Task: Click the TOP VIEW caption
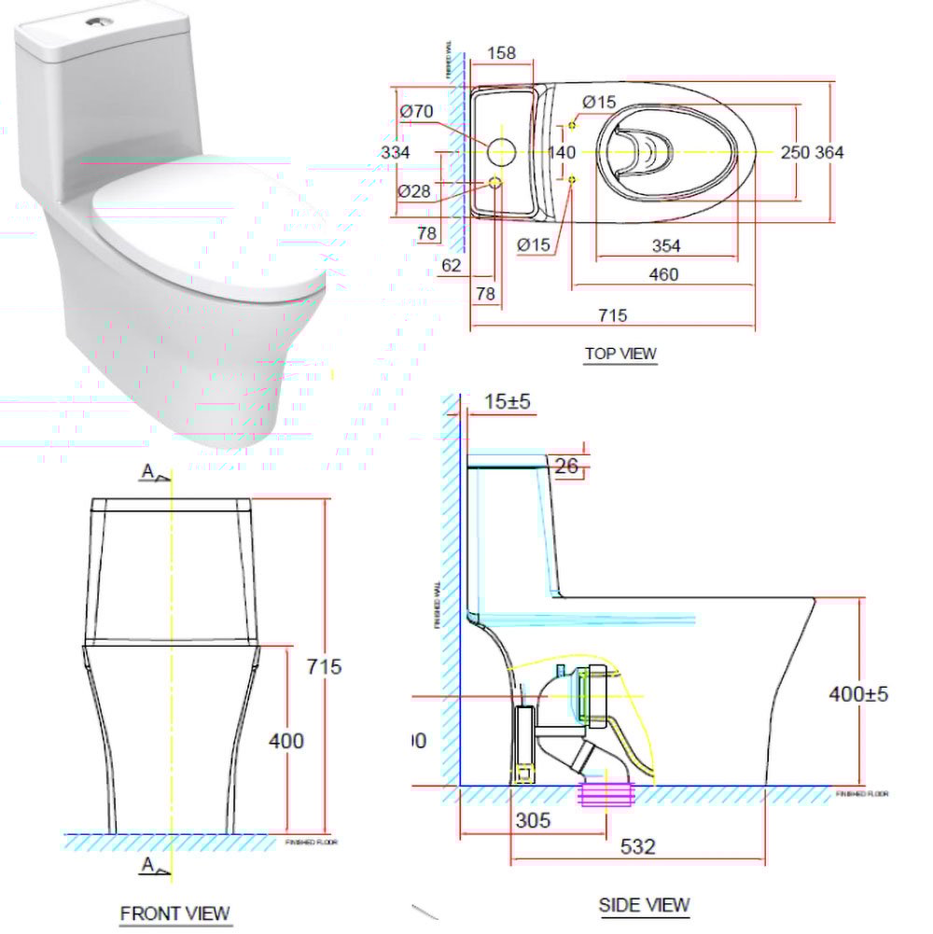pyautogui.click(x=620, y=354)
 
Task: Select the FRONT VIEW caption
pyautogui.click(x=174, y=913)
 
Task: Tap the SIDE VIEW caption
pyautogui.click(x=644, y=904)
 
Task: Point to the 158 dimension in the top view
pyautogui.click(x=501, y=53)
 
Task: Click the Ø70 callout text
pyautogui.click(x=416, y=111)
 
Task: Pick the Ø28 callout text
pyautogui.click(x=414, y=190)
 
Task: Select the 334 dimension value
pyautogui.click(x=397, y=151)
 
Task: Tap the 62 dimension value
pyautogui.click(x=452, y=266)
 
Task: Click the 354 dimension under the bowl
pyautogui.click(x=666, y=245)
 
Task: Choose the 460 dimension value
pyautogui.click(x=663, y=274)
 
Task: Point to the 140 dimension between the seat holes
pyautogui.click(x=561, y=152)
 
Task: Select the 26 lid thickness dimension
pyautogui.click(x=565, y=465)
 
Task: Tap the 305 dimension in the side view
pyautogui.click(x=532, y=820)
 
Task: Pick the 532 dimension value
pyautogui.click(x=638, y=846)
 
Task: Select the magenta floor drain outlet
pyautogui.click(x=607, y=796)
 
